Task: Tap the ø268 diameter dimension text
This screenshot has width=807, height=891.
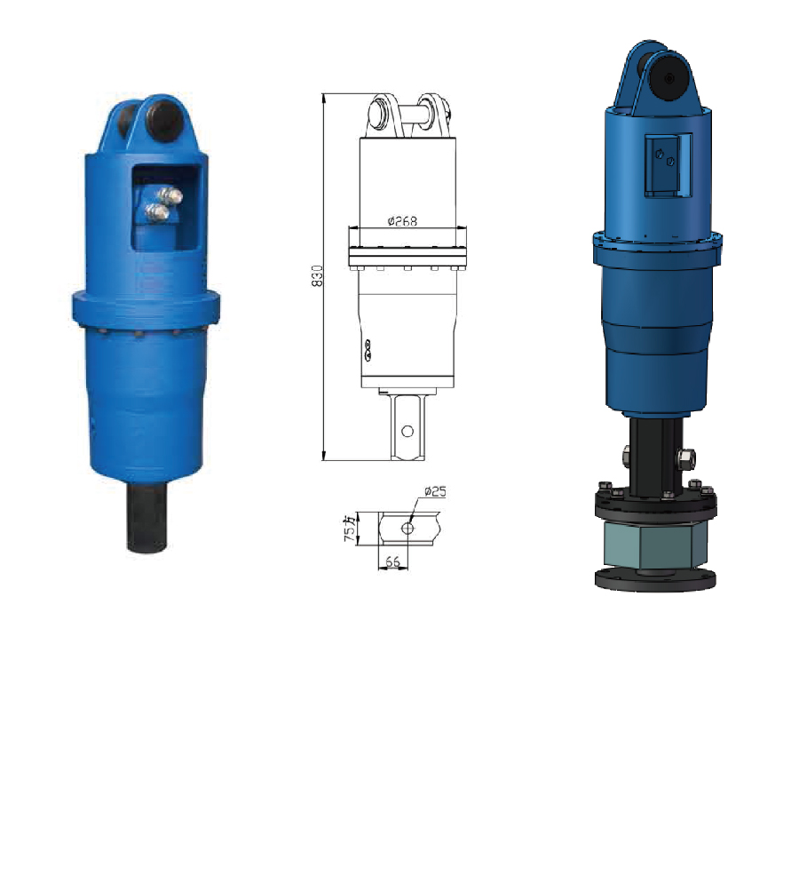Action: (403, 222)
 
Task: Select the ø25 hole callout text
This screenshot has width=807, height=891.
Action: (434, 491)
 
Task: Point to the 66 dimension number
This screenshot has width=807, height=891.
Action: (392, 562)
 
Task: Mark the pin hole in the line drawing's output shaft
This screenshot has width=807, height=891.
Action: (407, 431)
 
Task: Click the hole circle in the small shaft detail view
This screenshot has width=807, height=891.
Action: (407, 528)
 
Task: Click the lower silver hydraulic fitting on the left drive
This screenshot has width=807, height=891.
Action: (157, 211)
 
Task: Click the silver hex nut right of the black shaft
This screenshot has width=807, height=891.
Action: (685, 460)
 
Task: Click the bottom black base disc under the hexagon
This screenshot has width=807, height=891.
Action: (654, 579)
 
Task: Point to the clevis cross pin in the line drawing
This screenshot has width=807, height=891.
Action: (407, 114)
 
